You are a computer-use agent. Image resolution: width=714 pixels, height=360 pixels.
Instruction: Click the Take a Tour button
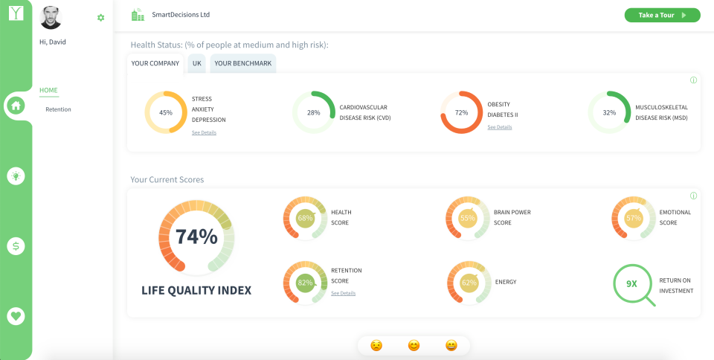(661, 15)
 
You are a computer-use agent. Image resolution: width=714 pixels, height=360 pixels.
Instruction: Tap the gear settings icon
(101, 17)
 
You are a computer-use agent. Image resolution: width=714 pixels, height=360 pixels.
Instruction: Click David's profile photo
(51, 18)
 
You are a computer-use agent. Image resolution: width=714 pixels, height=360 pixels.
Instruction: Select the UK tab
(197, 63)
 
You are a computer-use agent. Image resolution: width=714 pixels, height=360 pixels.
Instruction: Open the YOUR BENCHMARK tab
(243, 63)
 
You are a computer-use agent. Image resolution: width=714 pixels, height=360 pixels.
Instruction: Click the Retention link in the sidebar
(58, 109)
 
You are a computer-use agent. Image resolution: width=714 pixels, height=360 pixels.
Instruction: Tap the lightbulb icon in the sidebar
(16, 176)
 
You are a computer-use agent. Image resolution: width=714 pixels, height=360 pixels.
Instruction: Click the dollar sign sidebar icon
(16, 246)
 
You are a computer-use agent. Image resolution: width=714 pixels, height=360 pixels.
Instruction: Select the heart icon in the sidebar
(16, 316)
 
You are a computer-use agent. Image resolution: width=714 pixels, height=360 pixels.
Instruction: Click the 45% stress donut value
(166, 112)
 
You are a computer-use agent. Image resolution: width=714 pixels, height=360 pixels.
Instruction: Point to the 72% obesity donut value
(462, 112)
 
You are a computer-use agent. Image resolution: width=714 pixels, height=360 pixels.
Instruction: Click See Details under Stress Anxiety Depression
(204, 132)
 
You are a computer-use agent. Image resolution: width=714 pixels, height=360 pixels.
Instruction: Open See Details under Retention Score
(343, 293)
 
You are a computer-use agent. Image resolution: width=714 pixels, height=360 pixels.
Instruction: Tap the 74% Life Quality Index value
(196, 237)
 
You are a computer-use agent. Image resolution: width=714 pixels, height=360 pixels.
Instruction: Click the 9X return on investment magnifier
(633, 284)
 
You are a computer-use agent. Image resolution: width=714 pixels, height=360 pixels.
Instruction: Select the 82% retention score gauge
(305, 283)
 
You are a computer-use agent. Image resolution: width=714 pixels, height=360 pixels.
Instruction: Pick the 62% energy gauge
(469, 283)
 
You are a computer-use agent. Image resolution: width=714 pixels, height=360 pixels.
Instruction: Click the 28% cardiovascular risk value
(314, 112)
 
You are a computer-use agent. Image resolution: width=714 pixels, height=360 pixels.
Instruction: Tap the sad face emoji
(377, 345)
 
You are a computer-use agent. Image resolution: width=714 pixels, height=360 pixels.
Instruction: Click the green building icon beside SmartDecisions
(137, 15)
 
